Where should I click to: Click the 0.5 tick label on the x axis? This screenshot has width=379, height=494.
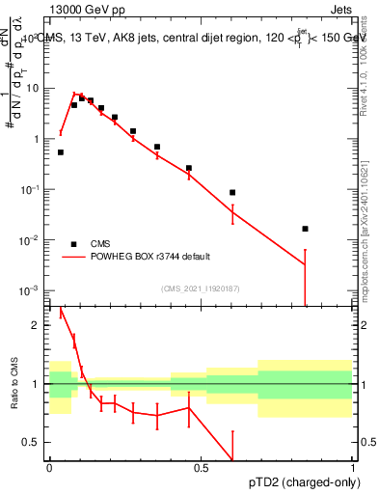click(x=201, y=466)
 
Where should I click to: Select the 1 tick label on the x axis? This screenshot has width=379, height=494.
click(x=353, y=466)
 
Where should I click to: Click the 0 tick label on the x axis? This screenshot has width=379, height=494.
click(x=49, y=466)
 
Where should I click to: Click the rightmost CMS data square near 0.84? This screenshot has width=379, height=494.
click(x=305, y=229)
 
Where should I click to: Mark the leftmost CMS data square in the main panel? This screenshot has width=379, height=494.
click(x=61, y=152)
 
